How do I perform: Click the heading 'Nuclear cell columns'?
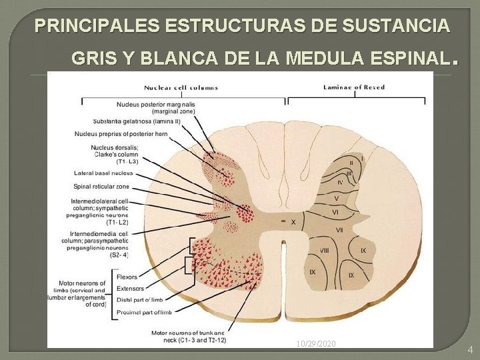(181, 87)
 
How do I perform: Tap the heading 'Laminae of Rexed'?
(354, 87)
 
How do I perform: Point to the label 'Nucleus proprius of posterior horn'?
(121, 133)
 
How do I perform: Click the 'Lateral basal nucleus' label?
(103, 173)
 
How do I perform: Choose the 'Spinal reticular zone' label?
(101, 187)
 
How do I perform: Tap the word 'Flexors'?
(127, 277)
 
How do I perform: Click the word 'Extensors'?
(130, 289)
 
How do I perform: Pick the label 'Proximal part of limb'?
(144, 312)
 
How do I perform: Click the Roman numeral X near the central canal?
(293, 222)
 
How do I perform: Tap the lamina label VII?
(339, 230)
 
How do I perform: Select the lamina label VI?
(336, 212)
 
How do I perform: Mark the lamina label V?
(337, 198)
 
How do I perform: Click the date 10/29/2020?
(317, 343)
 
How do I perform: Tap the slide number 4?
(470, 349)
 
